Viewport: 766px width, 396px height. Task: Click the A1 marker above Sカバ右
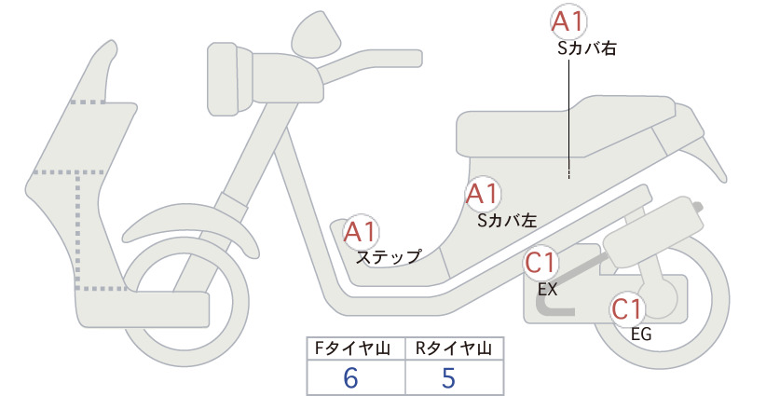point(568,22)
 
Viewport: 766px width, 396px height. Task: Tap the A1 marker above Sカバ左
point(483,194)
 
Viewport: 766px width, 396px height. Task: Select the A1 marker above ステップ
point(361,231)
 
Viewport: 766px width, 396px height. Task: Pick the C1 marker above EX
point(541,263)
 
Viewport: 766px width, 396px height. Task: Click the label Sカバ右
point(587,48)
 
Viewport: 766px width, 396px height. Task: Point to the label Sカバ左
point(507,220)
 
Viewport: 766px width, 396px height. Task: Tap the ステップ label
point(389,257)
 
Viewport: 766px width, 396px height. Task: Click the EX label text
point(547,289)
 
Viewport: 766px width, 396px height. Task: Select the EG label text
point(641,334)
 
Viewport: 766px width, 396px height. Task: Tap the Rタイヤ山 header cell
point(455,348)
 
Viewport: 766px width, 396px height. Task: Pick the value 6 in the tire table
point(350,378)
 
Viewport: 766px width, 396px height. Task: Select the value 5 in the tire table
point(448,378)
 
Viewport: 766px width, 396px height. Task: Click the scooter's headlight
point(229,79)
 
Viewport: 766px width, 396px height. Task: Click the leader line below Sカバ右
point(569,118)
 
